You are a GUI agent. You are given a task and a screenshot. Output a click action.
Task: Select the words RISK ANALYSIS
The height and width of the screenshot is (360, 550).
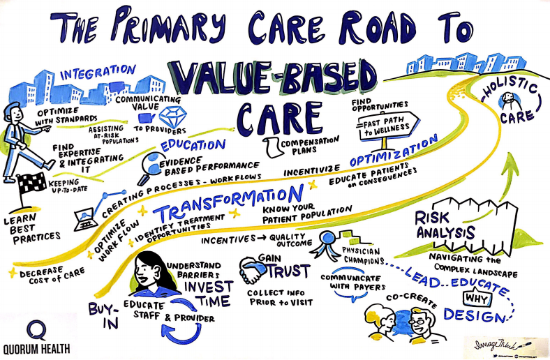click(x=443, y=226)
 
